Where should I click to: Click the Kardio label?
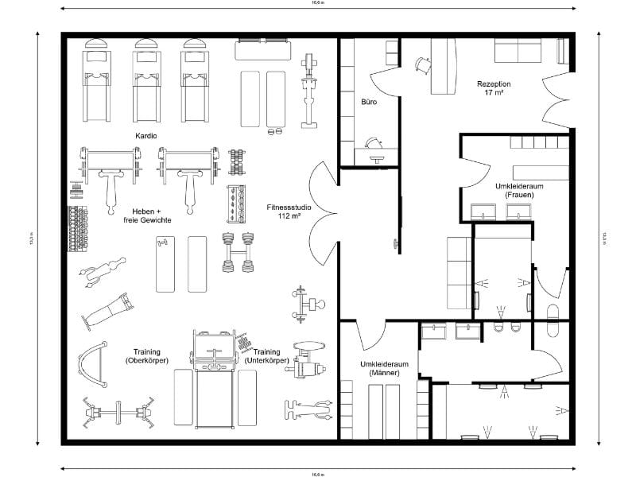coord(147,136)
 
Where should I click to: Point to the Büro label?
coord(369,103)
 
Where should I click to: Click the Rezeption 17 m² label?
coord(494,88)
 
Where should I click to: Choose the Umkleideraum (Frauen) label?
coord(514,190)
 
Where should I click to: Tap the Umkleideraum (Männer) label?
coord(378,368)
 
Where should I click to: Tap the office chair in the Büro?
coord(372,143)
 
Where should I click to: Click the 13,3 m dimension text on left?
coord(32,238)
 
